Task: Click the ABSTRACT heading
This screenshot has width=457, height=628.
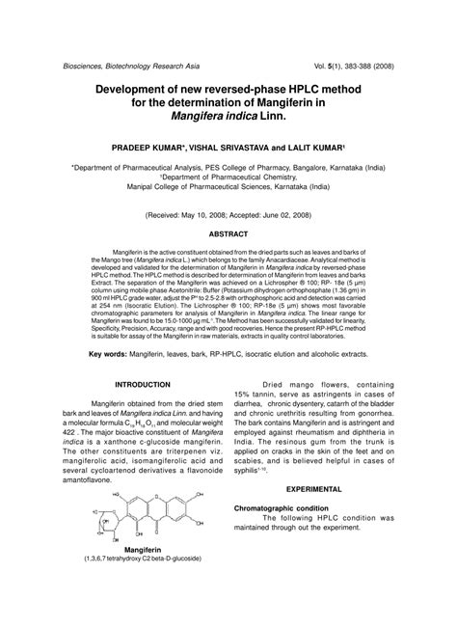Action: [x=228, y=233]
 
